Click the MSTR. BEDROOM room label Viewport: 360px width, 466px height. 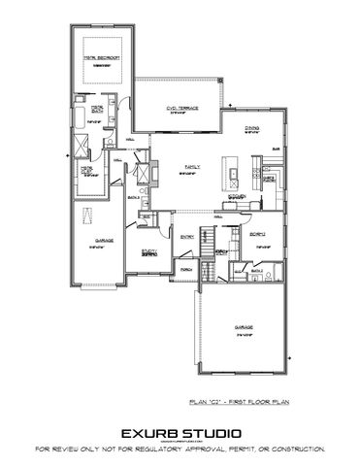coord(100,57)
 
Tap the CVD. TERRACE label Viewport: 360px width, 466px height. coord(183,109)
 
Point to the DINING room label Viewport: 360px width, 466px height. coord(251,127)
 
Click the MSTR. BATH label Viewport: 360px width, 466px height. coord(97,110)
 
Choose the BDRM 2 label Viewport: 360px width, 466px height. coord(258,234)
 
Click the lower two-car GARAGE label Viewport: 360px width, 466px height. coord(244,328)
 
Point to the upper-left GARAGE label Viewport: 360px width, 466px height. coord(104,240)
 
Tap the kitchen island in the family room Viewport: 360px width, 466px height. coord(233,173)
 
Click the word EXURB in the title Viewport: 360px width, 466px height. coord(150,432)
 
